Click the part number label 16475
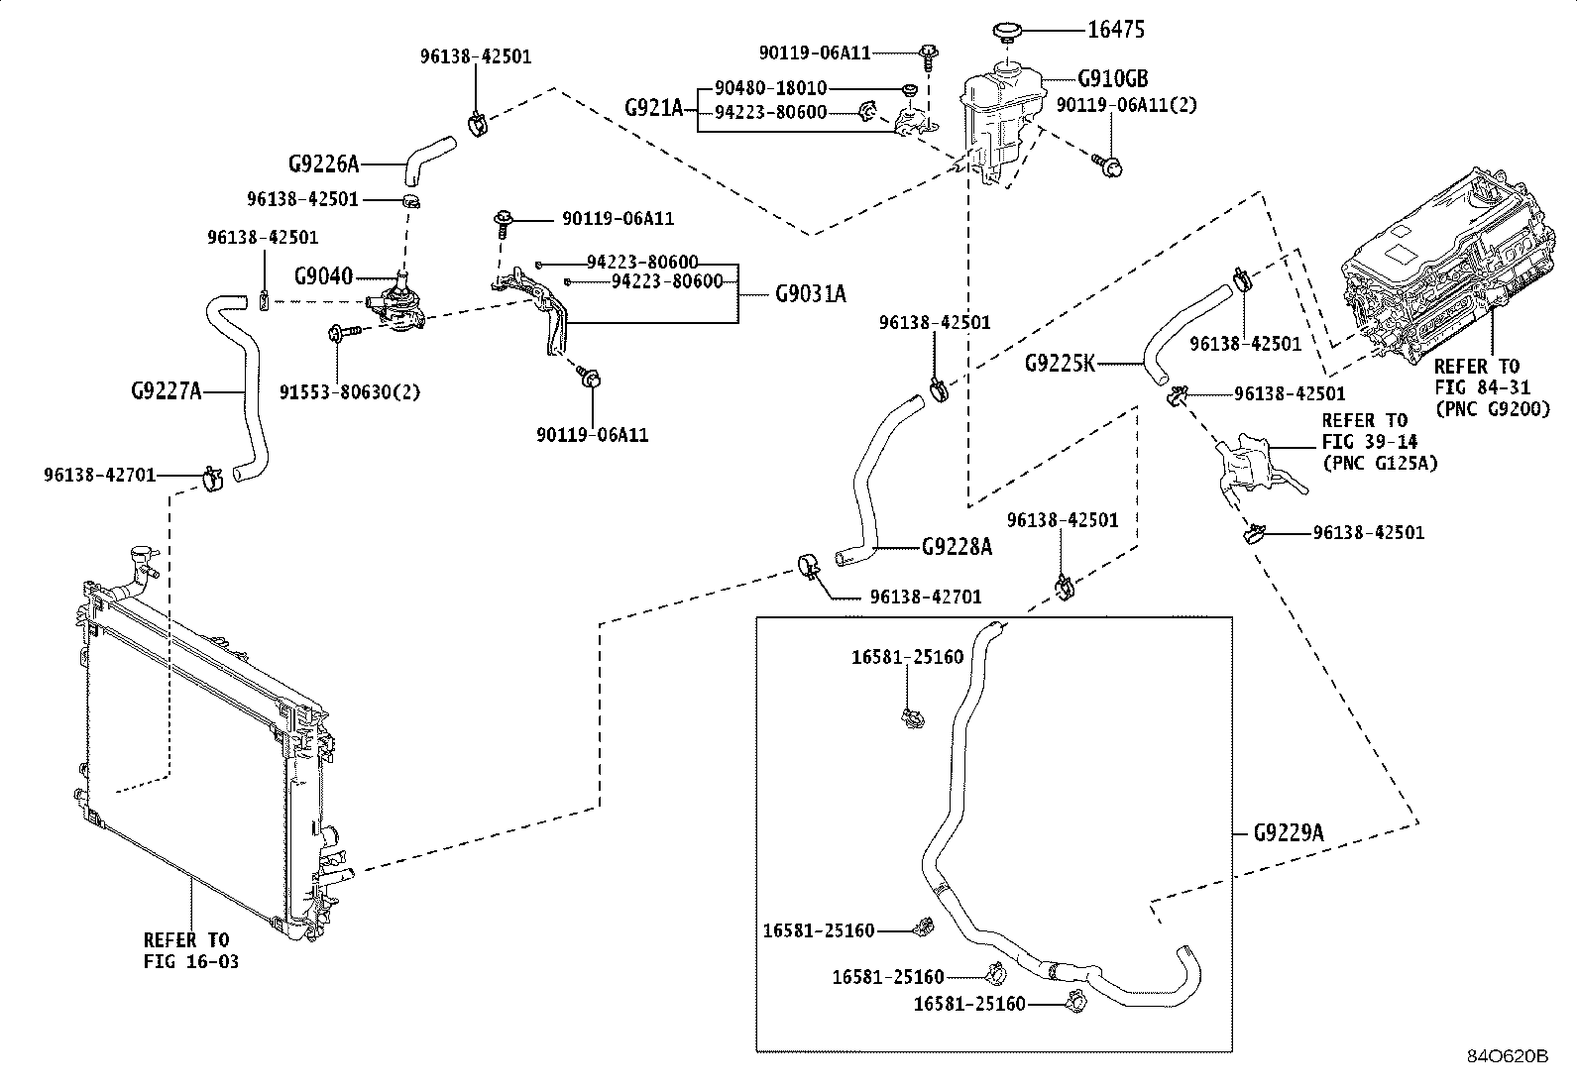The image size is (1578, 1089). [x=1116, y=30]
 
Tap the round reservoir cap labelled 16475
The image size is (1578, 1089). [x=1007, y=32]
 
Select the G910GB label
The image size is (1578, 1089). [x=1113, y=78]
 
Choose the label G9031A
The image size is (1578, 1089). [x=810, y=293]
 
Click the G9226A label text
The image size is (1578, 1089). [x=324, y=164]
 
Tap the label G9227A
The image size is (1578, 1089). [x=167, y=390]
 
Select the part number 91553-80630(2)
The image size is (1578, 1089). [x=350, y=392]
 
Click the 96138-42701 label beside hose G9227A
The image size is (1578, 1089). [x=100, y=475]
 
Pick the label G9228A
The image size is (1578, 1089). [x=957, y=546]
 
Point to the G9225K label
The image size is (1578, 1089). [x=1060, y=364]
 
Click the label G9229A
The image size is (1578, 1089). [x=1289, y=833]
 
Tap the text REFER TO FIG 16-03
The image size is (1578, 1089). [x=191, y=951]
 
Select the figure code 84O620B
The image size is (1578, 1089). [x=1508, y=1056]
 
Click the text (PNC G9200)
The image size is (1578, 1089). [x=1493, y=409]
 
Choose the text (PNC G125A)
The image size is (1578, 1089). [x=1380, y=463]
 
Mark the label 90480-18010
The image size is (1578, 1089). [x=771, y=88]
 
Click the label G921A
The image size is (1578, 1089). [x=654, y=108]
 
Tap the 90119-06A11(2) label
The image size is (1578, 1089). [x=1126, y=105]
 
